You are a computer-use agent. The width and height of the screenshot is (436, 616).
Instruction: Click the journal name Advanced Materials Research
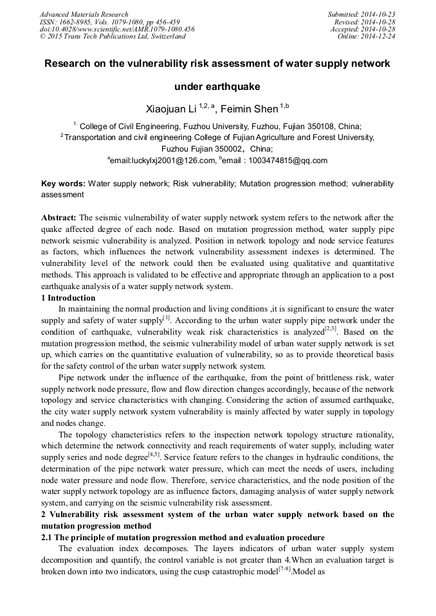[84, 14]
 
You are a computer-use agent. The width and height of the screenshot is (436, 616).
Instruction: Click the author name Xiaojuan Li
[172, 107]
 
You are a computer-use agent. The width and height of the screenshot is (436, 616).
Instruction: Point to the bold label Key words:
[62, 184]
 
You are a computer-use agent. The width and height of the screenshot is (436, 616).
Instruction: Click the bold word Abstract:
[59, 217]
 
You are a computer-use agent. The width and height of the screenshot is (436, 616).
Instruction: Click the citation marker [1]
[166, 317]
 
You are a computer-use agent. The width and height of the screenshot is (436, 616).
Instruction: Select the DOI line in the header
[117, 30]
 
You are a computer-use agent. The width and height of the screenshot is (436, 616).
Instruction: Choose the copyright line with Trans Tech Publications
[113, 37]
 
